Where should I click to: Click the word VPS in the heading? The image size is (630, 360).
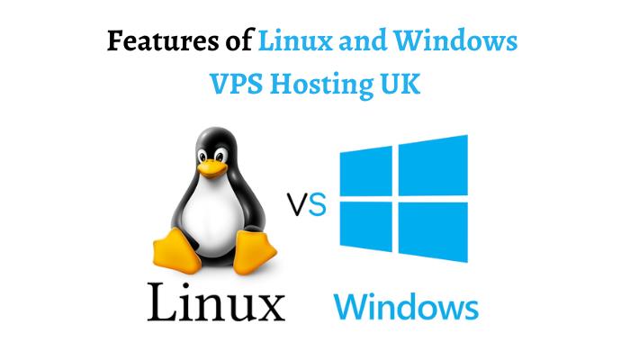238,86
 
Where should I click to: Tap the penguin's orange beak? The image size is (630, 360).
212,166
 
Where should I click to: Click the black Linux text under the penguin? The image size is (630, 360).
216,301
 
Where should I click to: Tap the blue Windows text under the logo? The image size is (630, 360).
405,306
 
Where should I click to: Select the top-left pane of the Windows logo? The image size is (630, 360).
366,173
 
